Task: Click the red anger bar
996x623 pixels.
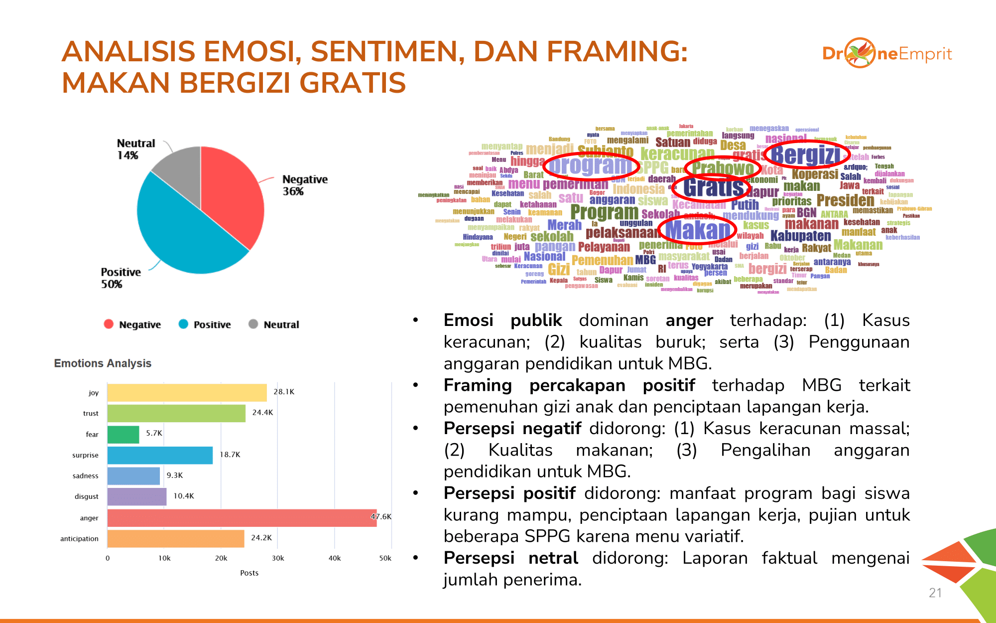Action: click(x=242, y=518)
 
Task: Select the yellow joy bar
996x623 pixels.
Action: click(x=187, y=393)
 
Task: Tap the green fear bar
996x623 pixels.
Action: click(x=123, y=434)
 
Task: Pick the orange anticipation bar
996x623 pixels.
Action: click(x=175, y=539)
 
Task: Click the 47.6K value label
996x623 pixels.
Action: click(x=381, y=516)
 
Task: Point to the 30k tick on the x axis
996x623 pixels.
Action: click(x=278, y=558)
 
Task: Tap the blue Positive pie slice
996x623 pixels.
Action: click(x=184, y=234)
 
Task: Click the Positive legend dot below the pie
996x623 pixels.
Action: click(x=183, y=324)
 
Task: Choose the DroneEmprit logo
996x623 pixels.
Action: click(x=886, y=53)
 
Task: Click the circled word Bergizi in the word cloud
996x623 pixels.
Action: click(x=806, y=155)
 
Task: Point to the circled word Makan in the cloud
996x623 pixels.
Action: click(x=697, y=230)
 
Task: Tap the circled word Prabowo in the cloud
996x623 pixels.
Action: click(x=722, y=168)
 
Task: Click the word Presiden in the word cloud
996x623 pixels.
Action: click(x=845, y=200)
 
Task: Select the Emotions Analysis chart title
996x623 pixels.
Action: click(x=103, y=363)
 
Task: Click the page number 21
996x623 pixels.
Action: click(x=935, y=593)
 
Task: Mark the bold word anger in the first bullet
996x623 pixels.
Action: click(x=689, y=320)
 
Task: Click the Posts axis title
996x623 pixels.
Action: click(x=249, y=573)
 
